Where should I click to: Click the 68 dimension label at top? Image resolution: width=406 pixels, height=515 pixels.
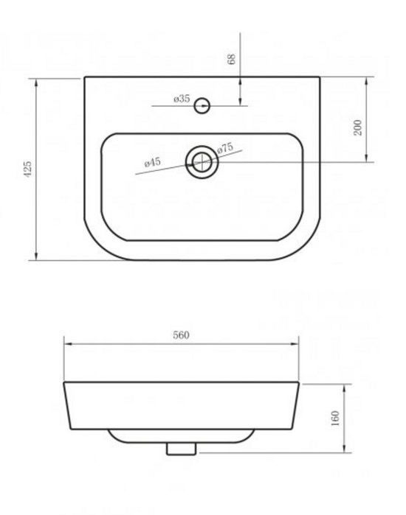[x=233, y=59]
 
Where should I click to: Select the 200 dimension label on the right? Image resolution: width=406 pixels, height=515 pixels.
[x=358, y=127]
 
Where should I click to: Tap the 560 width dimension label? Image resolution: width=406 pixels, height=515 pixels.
[x=182, y=335]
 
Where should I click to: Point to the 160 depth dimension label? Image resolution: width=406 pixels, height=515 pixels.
[x=336, y=419]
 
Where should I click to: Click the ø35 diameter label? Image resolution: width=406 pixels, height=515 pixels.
[x=182, y=99]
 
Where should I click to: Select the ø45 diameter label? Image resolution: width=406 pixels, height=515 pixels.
[x=153, y=161]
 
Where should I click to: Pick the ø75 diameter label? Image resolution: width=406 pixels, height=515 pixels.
[x=225, y=149]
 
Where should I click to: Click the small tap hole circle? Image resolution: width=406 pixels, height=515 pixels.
[x=202, y=107]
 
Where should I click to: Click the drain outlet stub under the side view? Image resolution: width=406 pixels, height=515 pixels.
[x=181, y=447]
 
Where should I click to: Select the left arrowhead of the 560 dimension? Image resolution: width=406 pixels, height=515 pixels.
[x=67, y=343]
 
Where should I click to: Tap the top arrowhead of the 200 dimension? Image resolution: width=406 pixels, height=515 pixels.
[x=368, y=80]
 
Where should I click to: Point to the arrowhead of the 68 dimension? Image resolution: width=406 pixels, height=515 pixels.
[x=241, y=102]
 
